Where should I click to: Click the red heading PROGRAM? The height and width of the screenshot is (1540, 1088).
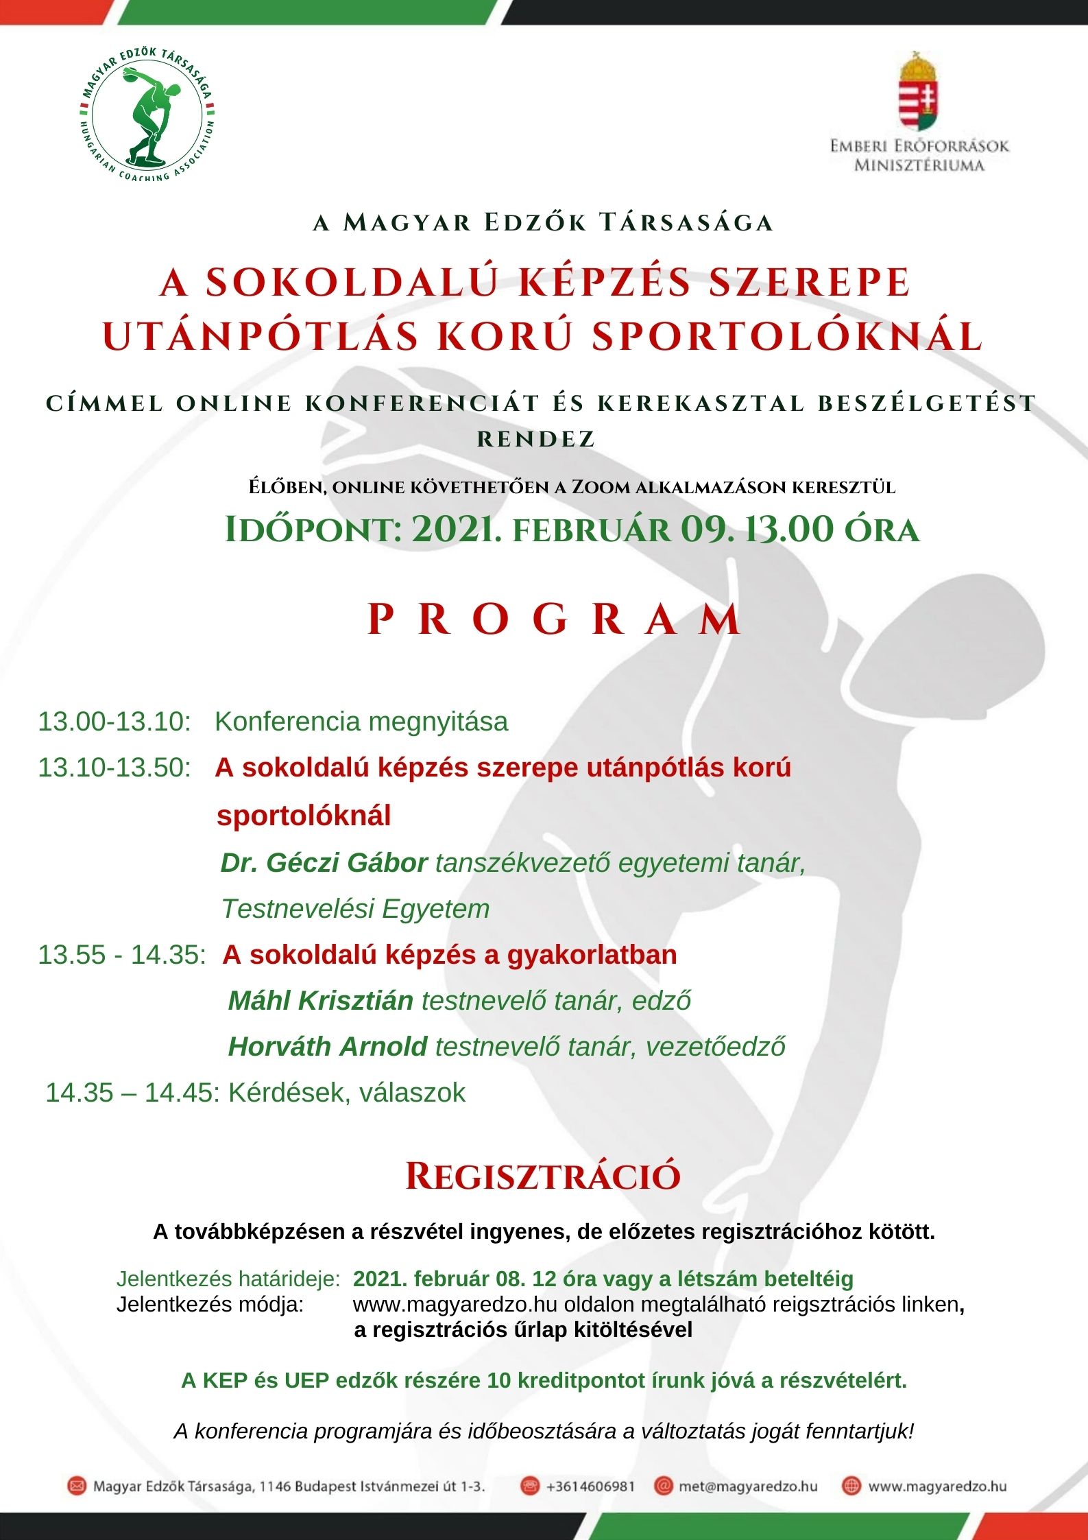(x=554, y=619)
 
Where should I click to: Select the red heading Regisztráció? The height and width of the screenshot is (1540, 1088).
(x=543, y=1176)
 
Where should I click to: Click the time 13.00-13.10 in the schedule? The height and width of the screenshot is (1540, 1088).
(x=114, y=722)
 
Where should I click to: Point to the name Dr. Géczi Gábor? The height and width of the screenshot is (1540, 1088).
(x=324, y=862)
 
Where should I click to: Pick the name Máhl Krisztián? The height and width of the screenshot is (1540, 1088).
(x=320, y=1001)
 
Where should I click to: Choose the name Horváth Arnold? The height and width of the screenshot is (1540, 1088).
(x=327, y=1047)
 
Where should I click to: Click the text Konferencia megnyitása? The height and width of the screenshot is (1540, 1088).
(x=361, y=722)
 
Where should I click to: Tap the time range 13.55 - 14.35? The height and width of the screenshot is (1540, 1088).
(x=121, y=955)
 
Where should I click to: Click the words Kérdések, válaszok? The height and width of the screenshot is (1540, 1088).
(x=346, y=1093)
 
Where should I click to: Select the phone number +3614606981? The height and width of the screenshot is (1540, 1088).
(x=590, y=1486)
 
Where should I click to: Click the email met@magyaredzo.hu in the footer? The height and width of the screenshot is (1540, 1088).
(x=747, y=1486)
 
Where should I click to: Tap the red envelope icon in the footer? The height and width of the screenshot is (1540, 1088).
(x=76, y=1486)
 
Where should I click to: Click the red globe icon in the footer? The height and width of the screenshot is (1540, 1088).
(x=851, y=1486)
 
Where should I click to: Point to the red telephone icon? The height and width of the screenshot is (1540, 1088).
(x=529, y=1486)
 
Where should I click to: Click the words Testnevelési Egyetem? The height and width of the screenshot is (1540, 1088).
(x=355, y=909)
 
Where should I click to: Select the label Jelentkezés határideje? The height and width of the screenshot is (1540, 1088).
(x=228, y=1279)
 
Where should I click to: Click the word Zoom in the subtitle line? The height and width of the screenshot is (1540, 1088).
(x=601, y=487)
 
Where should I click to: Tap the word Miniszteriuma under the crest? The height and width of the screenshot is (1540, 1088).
(x=919, y=165)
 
